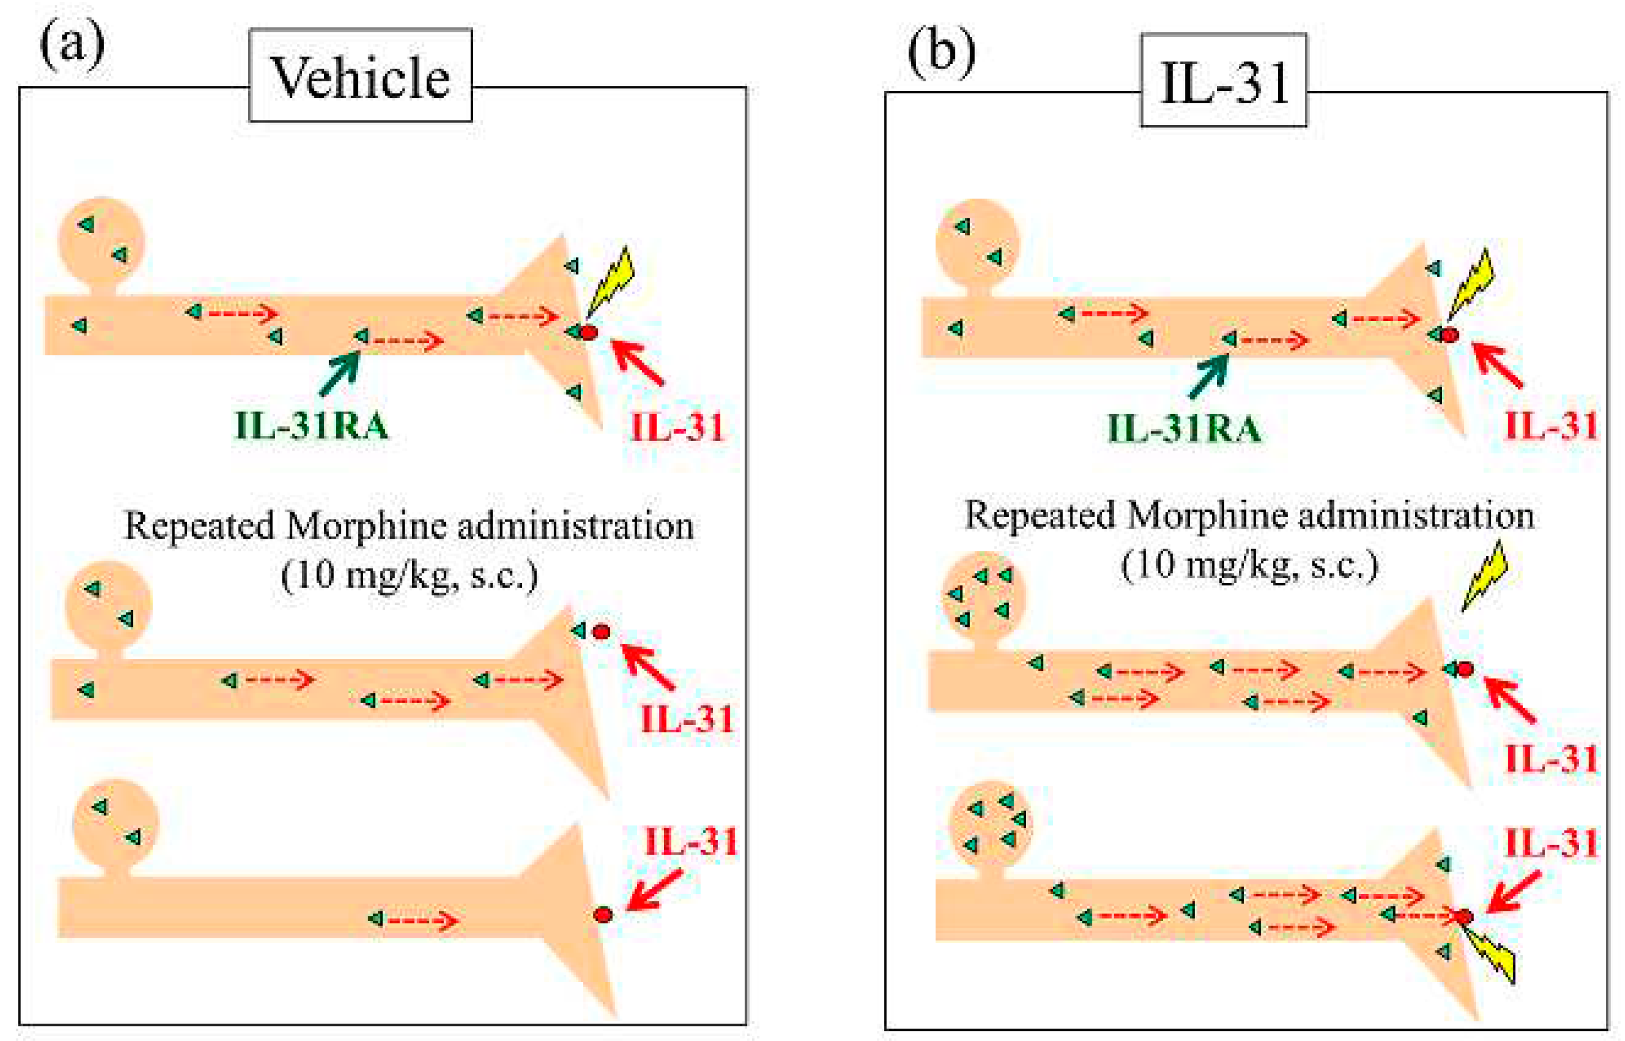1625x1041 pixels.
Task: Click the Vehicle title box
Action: (x=360, y=76)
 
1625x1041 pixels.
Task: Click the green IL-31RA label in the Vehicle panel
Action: (x=312, y=427)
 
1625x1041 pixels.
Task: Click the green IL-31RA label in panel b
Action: (x=1184, y=429)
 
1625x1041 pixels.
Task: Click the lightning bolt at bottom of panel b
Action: (x=1490, y=955)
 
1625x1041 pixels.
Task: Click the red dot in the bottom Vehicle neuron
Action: (x=602, y=915)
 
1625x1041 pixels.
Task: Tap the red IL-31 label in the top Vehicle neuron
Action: (x=676, y=427)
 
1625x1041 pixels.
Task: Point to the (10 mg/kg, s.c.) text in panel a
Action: (x=410, y=576)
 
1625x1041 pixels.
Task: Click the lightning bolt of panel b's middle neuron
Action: (x=1485, y=576)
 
